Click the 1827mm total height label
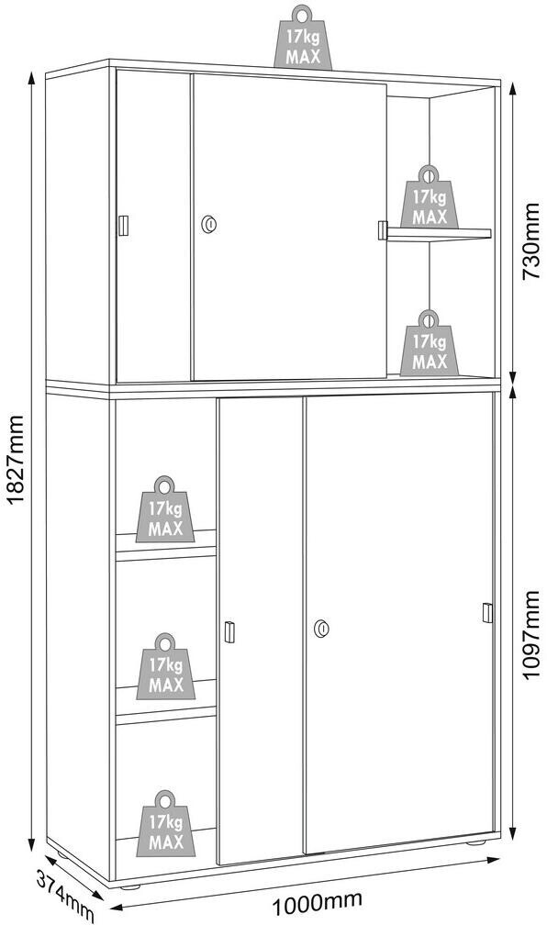16,460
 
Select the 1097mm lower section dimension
531,635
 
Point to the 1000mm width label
316,901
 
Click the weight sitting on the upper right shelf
429,197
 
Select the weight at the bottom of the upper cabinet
429,343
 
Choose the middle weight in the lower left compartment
165,666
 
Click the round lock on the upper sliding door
209,224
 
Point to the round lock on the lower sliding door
321,629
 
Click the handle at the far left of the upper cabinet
123,226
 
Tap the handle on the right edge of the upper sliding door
383,230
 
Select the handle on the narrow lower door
229,631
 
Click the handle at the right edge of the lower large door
486,613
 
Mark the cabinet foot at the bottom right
475,842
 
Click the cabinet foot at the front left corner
130,886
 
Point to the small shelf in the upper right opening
439,234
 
